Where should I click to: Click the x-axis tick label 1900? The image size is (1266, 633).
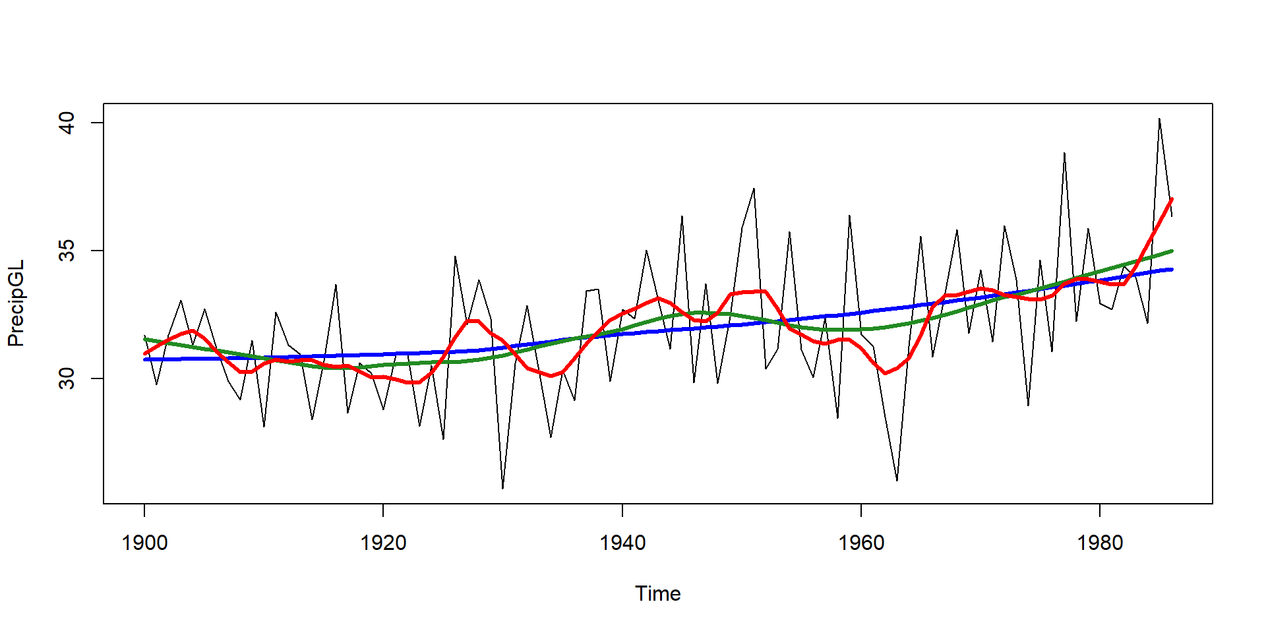[x=144, y=543]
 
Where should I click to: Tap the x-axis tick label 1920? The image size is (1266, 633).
[x=383, y=543]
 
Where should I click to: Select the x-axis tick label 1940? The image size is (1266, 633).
[x=622, y=543]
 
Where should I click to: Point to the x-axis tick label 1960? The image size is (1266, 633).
[x=861, y=543]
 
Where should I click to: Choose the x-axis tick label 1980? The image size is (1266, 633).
[x=1100, y=543]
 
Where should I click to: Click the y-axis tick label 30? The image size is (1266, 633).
[x=68, y=378]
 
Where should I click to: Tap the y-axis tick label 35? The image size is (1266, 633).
[x=68, y=251]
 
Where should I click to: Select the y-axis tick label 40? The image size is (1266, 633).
[x=68, y=123]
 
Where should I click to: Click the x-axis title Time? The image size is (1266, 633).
[x=657, y=593]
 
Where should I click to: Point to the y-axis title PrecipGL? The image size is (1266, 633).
[x=16, y=303]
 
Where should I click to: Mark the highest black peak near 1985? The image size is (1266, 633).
[x=1159, y=119]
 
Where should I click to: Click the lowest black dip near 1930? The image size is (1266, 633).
[x=502, y=489]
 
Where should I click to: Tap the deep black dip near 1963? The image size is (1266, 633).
[x=897, y=481]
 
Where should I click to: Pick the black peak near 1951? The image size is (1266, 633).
[x=754, y=189]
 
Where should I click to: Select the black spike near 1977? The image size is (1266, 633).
[x=1064, y=153]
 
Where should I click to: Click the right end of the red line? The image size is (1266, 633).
[x=1171, y=199]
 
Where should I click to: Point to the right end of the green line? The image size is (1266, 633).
[x=1171, y=251]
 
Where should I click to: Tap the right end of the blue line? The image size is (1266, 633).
[x=1171, y=270]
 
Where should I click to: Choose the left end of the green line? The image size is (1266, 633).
[x=145, y=339]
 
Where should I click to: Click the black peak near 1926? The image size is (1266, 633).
[x=455, y=256]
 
